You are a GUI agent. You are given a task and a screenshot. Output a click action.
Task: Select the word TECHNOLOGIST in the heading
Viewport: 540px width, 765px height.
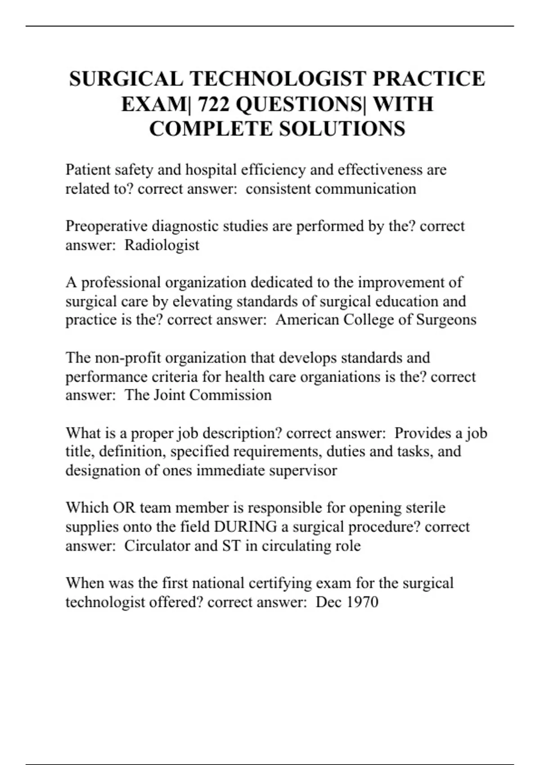click(x=276, y=79)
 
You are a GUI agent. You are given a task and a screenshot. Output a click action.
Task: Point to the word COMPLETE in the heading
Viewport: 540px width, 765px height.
click(x=211, y=129)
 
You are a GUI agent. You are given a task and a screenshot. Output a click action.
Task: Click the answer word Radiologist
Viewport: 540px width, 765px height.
click(x=162, y=245)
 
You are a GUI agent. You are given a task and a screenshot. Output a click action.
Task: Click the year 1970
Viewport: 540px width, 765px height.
click(x=362, y=602)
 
